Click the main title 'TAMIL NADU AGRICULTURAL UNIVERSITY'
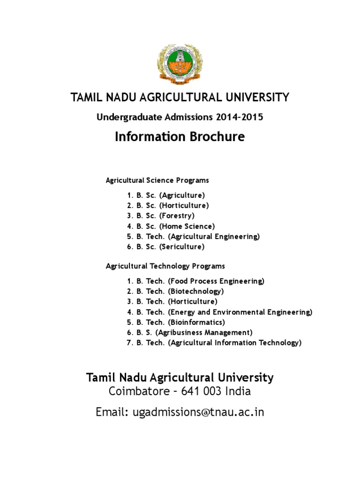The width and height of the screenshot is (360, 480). [x=180, y=97]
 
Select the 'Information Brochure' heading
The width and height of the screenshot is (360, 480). [x=180, y=136]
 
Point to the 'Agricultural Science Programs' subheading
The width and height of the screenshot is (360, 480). [x=157, y=180]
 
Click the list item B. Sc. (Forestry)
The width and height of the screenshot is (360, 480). [x=160, y=216]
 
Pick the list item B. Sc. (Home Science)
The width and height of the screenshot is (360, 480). [x=171, y=226]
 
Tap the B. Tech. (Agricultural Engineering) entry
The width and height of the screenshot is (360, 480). [x=193, y=236]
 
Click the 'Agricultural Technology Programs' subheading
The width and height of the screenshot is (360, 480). [x=165, y=266]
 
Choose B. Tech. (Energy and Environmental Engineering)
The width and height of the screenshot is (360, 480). [x=219, y=312]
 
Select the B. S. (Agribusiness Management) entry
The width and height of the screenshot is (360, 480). [x=189, y=332]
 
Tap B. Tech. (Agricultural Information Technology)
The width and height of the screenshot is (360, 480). [x=214, y=343]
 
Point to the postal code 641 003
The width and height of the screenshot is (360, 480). [x=201, y=391]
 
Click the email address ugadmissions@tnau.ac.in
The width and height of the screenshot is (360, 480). [x=198, y=412]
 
